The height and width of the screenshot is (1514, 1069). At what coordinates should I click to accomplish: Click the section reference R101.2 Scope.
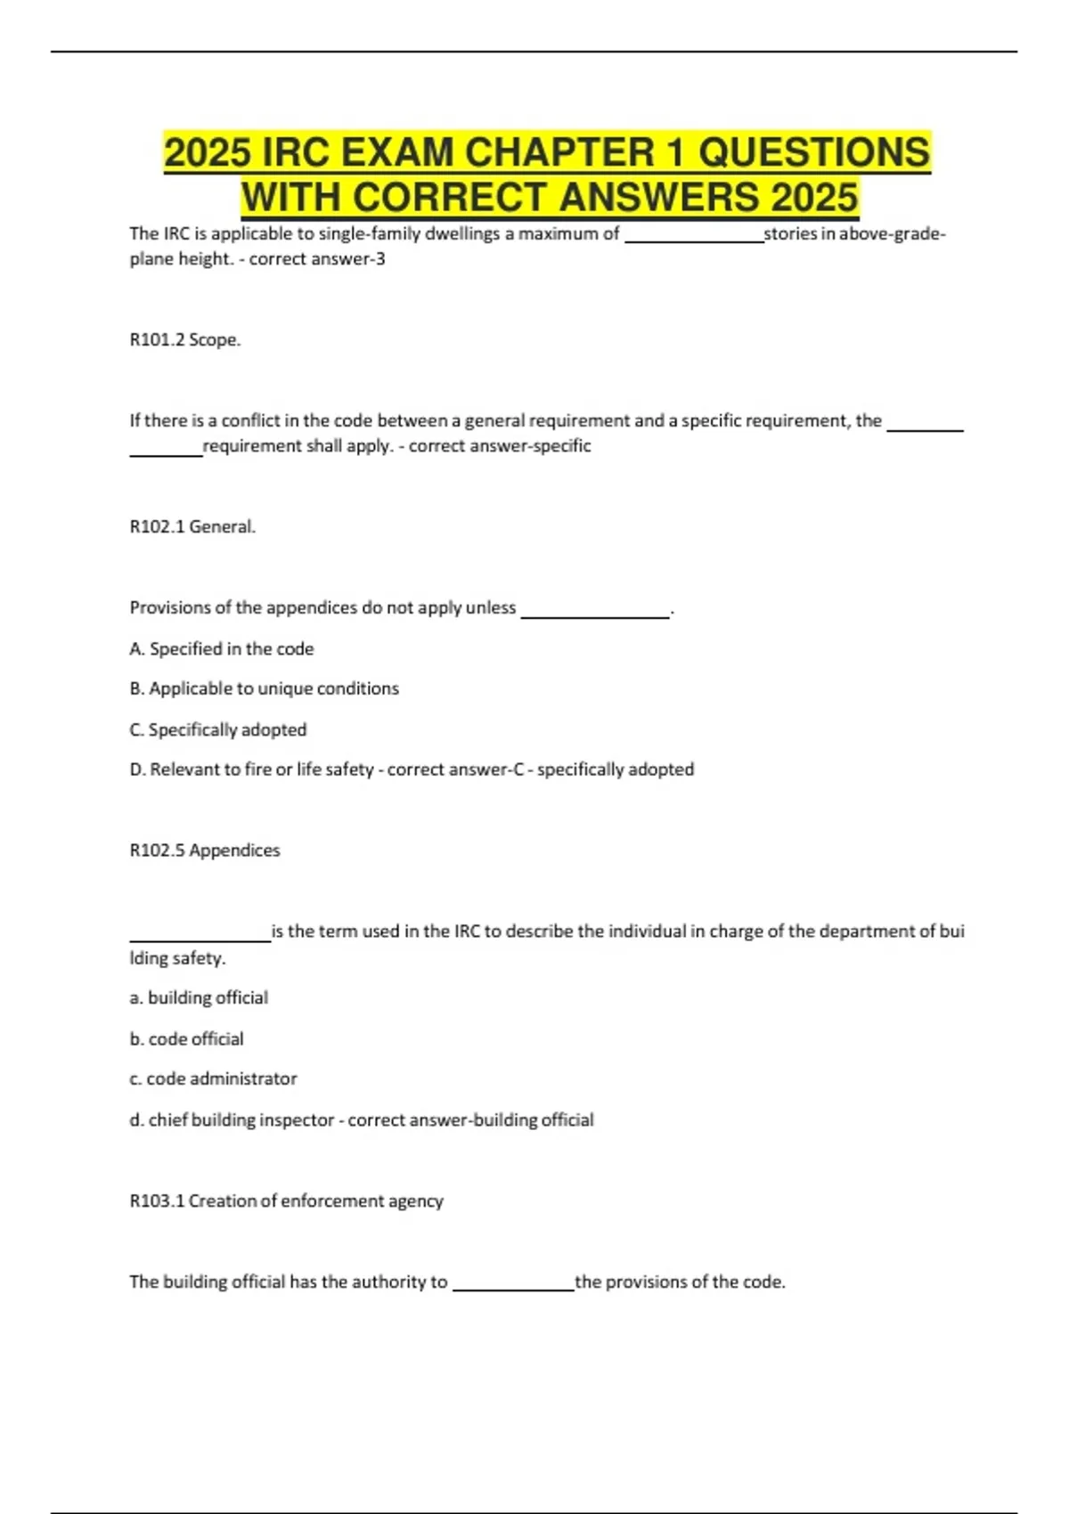[185, 339]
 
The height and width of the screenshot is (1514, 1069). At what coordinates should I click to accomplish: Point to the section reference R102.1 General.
[192, 526]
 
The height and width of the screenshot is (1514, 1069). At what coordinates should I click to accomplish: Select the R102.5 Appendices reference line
[205, 851]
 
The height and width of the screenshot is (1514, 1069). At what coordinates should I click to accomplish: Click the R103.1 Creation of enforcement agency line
[286, 1201]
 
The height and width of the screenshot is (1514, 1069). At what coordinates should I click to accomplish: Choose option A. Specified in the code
[222, 648]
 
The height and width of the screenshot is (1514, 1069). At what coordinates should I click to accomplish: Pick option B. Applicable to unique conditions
[265, 688]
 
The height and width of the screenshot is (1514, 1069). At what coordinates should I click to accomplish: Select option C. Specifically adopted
[218, 729]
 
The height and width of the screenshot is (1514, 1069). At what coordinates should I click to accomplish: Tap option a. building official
[199, 997]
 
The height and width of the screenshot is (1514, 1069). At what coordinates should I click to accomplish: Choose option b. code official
[186, 1038]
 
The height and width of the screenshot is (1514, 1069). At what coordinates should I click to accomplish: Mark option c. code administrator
[213, 1079]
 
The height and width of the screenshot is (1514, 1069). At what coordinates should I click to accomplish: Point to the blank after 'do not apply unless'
[594, 611]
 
